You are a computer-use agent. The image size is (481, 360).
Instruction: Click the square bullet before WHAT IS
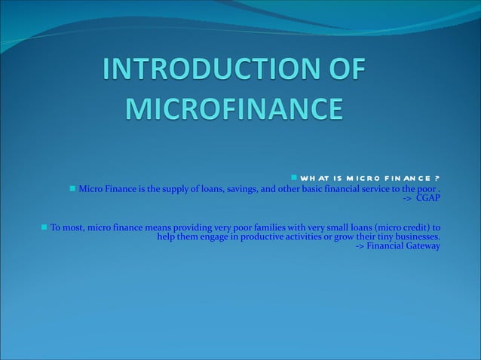coord(294,178)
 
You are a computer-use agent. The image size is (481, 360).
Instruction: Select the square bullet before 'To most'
coord(44,227)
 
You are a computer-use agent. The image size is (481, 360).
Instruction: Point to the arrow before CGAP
coord(407,197)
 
